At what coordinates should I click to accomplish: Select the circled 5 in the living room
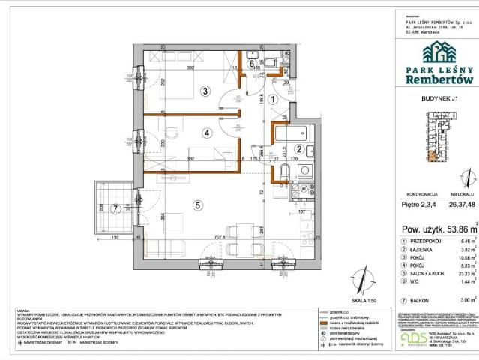click(197, 204)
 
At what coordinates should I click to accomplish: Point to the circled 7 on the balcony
click(115, 208)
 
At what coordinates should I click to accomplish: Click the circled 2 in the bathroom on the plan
click(298, 148)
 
